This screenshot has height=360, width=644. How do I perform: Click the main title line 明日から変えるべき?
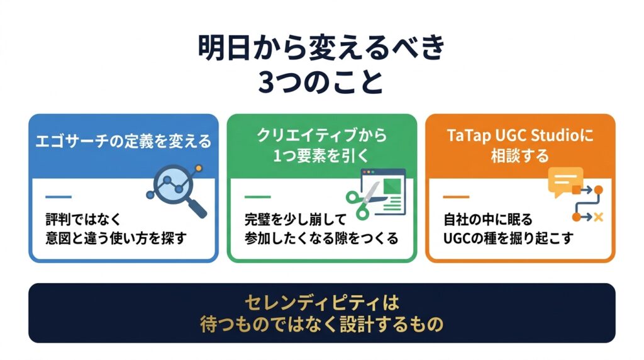(321, 48)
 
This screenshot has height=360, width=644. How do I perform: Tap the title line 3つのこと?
(321, 82)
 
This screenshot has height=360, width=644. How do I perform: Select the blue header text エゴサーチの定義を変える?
(123, 142)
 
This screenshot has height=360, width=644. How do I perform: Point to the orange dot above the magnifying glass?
(199, 168)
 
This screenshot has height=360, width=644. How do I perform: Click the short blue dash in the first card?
(58, 197)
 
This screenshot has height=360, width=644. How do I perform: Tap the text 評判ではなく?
(84, 220)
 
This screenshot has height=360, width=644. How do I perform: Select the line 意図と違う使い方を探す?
(116, 239)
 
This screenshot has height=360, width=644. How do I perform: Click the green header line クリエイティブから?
(321, 135)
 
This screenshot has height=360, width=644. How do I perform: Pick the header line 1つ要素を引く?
(321, 155)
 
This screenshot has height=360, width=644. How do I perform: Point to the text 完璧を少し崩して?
(296, 220)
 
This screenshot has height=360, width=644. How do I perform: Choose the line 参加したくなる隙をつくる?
(321, 239)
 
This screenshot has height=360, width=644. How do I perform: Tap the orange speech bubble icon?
(565, 181)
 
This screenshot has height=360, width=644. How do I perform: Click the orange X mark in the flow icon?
(599, 217)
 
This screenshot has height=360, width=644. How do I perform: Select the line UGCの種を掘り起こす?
(508, 239)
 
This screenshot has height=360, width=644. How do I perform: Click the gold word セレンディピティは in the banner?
(321, 303)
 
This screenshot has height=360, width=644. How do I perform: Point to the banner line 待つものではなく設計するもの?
(321, 324)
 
